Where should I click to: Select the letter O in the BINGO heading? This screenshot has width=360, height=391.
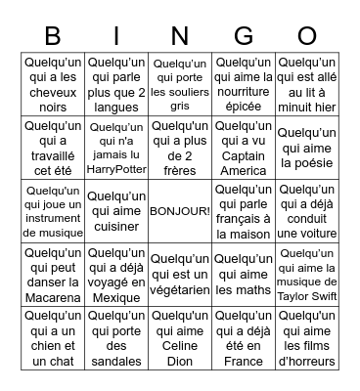(x=307, y=36)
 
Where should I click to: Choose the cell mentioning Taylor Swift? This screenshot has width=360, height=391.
(x=307, y=273)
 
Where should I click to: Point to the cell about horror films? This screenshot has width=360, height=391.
(x=307, y=335)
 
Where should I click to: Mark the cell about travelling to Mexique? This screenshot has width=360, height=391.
(x=116, y=273)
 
